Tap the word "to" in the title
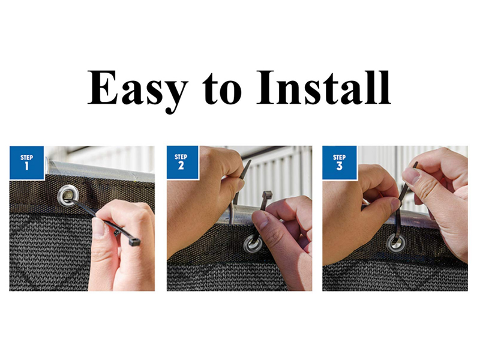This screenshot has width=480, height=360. point(222,90)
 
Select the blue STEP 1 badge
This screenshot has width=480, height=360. point(26,162)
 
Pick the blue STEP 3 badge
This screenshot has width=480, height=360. point(340,162)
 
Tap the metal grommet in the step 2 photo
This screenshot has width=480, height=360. point(252,244)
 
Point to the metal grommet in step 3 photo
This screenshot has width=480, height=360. point(395,242)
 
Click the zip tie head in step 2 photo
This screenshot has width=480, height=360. point(266,196)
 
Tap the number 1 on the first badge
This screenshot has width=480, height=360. point(26,166)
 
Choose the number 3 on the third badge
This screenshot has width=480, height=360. point(340,166)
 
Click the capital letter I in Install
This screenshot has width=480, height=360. point(266,88)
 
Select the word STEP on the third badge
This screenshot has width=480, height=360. point(340,157)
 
